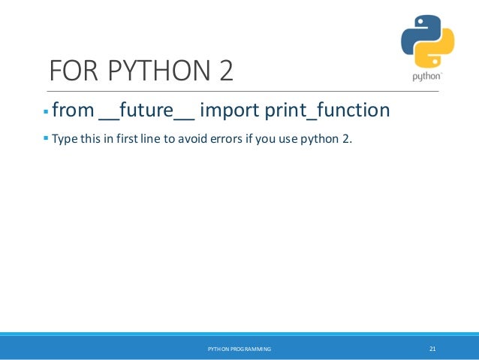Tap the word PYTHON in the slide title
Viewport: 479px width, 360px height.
pyautogui.click(x=148, y=73)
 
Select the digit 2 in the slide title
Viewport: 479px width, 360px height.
pyautogui.click(x=223, y=73)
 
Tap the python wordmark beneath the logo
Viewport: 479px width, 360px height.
pyautogui.click(x=426, y=77)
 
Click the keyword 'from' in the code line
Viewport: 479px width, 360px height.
pyautogui.click(x=73, y=111)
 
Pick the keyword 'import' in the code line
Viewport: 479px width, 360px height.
pyautogui.click(x=228, y=111)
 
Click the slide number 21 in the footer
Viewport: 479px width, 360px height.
pyautogui.click(x=432, y=349)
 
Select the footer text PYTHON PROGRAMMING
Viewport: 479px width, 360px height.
pyautogui.click(x=239, y=349)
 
